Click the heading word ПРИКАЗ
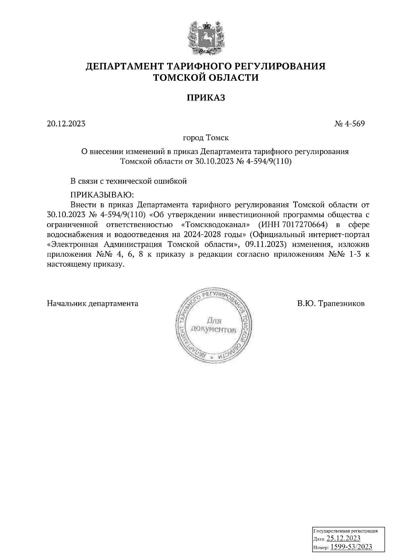point(206,98)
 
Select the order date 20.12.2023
point(66,124)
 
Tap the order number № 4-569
point(349,124)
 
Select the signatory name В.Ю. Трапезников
point(331,304)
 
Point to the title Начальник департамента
point(93,304)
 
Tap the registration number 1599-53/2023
point(351,547)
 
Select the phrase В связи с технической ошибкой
point(128,181)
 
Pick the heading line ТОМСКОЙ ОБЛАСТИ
point(206,78)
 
